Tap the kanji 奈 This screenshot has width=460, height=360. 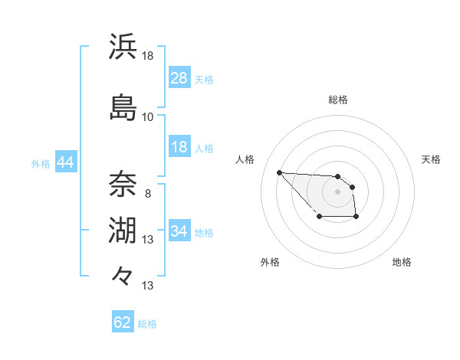coord(123,184)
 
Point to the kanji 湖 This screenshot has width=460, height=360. coord(123,230)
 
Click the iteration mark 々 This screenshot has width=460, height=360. coord(123,274)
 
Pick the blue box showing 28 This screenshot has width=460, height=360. coord(179,78)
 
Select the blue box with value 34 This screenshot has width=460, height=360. coord(179,231)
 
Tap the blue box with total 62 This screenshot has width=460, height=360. coord(123,322)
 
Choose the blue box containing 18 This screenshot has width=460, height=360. coord(179,147)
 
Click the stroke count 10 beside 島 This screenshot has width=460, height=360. coord(147,117)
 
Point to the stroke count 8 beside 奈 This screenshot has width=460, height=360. coord(147,193)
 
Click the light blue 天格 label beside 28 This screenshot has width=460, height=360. coord(204,79)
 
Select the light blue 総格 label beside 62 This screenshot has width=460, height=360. coord(147,323)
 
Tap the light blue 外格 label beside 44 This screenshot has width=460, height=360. coord(41,163)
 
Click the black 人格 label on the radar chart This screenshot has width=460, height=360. coord(245,159)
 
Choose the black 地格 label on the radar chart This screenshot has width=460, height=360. coord(402,262)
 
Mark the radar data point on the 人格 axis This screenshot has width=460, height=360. coord(280,172)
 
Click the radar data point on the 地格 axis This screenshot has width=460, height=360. coord(356,218)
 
